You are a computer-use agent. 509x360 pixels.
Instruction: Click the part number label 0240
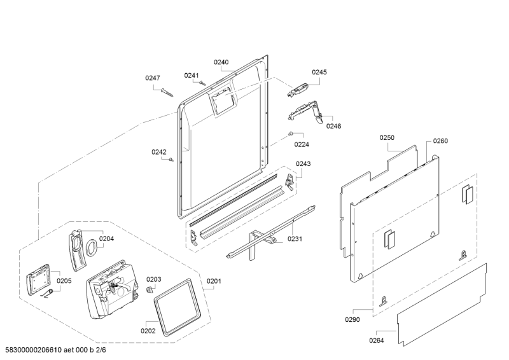(221, 62)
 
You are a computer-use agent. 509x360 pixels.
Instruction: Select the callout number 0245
(319, 73)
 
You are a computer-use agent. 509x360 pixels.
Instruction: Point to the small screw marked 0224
(290, 134)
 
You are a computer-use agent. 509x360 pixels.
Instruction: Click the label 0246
(334, 126)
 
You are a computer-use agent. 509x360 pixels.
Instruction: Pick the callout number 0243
(303, 163)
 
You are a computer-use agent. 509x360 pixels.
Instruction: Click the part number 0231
(295, 239)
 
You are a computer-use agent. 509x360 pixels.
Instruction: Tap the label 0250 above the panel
(387, 137)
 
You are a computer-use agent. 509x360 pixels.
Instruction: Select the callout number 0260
(440, 141)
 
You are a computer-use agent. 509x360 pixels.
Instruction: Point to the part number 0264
(377, 340)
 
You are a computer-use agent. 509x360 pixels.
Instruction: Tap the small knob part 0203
(151, 290)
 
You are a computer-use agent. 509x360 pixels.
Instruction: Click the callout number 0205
(64, 280)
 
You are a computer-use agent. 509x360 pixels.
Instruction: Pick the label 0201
(214, 281)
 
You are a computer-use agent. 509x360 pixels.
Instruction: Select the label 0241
(192, 76)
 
